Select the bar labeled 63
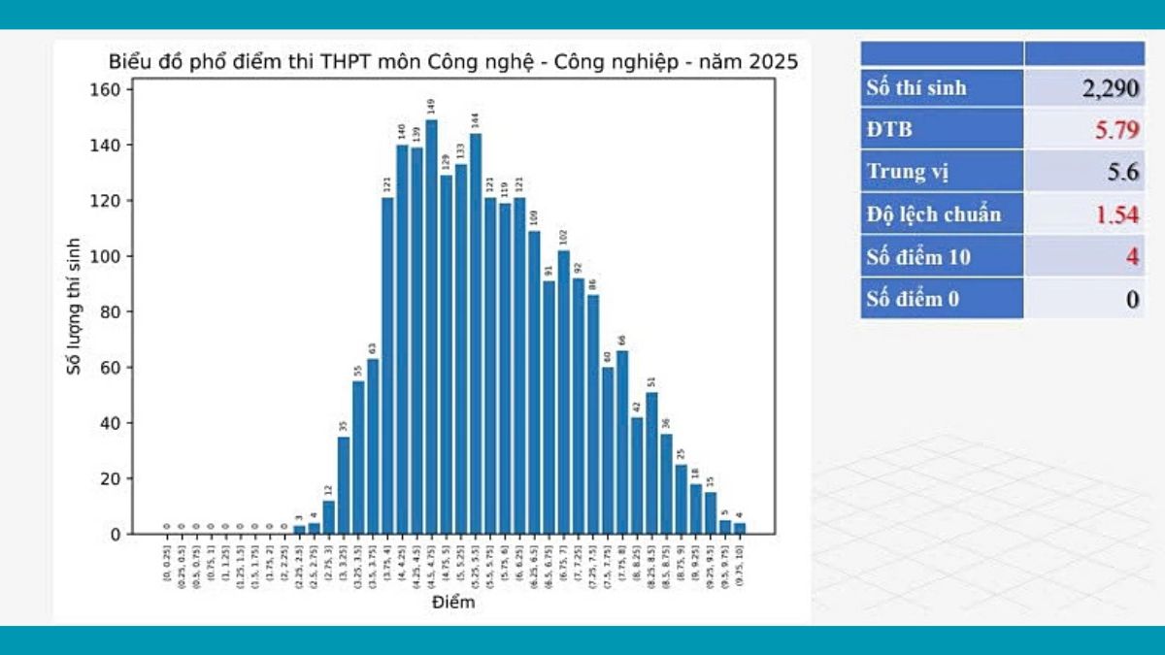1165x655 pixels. [373, 446]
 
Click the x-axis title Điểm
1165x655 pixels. [453, 604]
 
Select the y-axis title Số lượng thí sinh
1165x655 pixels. [76, 306]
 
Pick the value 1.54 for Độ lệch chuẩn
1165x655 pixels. [1116, 214]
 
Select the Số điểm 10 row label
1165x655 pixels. [917, 257]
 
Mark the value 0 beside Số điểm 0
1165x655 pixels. [1132, 299]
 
